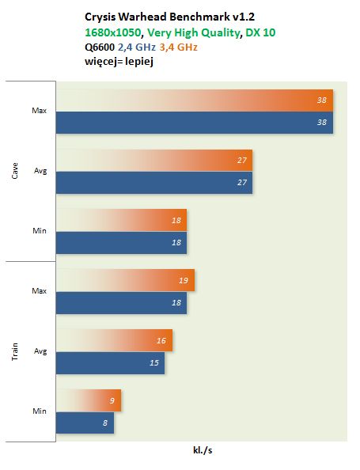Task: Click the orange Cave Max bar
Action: click(x=195, y=100)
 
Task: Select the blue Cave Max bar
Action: click(x=195, y=123)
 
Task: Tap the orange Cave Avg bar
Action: click(x=154, y=161)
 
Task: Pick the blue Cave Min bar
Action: click(x=121, y=243)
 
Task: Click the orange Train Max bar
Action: click(x=125, y=280)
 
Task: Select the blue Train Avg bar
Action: click(x=110, y=363)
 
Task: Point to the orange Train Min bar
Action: click(x=89, y=400)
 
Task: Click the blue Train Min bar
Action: click(x=85, y=423)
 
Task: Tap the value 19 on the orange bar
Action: click(x=184, y=281)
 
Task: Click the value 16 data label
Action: click(x=161, y=340)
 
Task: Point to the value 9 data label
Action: click(x=112, y=400)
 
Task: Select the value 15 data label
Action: click(x=154, y=363)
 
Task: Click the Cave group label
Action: click(x=15, y=171)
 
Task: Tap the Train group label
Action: click(x=15, y=351)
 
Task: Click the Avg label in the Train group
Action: click(x=40, y=351)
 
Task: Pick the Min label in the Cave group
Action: click(x=40, y=231)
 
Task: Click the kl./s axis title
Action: click(x=203, y=450)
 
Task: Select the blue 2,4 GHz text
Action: click(x=137, y=47)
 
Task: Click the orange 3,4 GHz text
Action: click(x=178, y=47)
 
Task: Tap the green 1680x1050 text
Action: click(x=113, y=32)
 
